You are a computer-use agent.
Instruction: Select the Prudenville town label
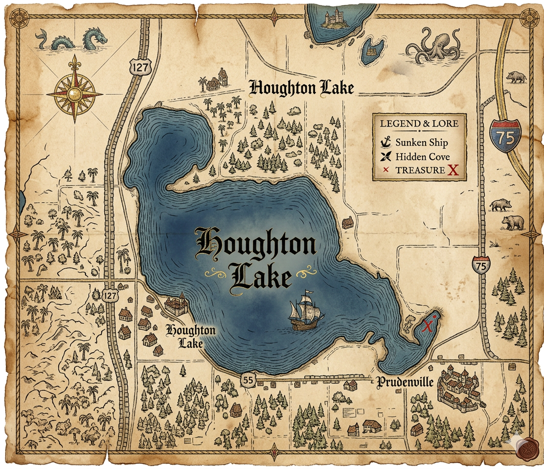[x=405, y=382]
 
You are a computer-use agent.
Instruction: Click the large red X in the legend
[x=453, y=171]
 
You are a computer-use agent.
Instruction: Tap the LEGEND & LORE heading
[x=419, y=123]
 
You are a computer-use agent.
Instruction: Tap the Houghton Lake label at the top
[x=301, y=88]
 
